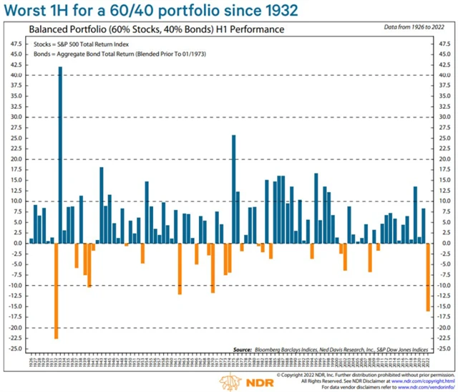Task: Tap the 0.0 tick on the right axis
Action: (x=443, y=243)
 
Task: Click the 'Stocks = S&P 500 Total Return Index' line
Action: (x=77, y=44)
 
